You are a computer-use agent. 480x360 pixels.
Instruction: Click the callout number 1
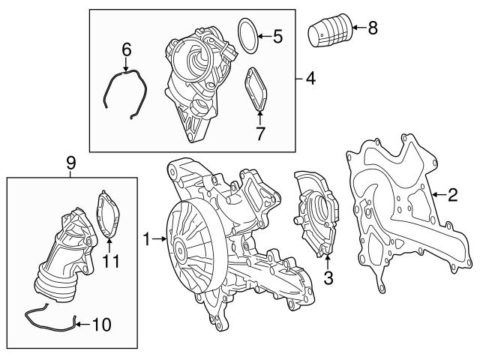pyautogui.click(x=147, y=240)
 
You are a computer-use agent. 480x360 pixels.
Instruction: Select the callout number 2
pyautogui.click(x=452, y=196)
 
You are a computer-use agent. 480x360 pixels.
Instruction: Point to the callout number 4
pyautogui.click(x=310, y=78)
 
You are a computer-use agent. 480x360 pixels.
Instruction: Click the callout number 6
pyautogui.click(x=127, y=49)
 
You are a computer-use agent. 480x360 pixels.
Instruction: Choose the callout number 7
pyautogui.click(x=260, y=133)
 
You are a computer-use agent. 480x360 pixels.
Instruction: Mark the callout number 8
pyautogui.click(x=373, y=29)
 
